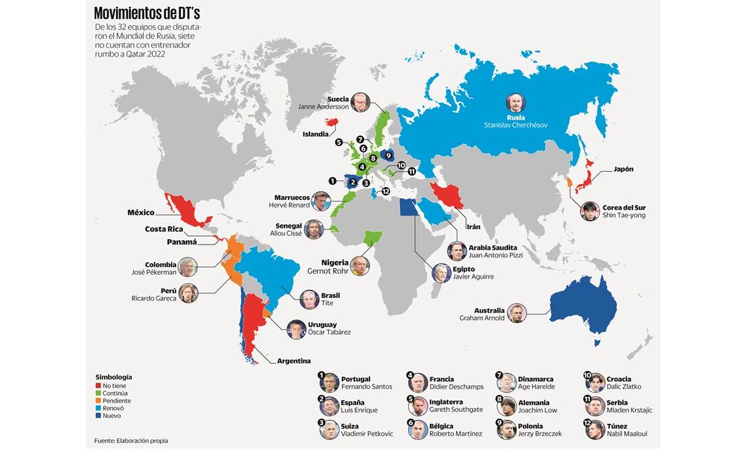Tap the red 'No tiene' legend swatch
point(97,385)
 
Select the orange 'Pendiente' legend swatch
point(97,401)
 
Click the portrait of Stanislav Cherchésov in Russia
point(516,103)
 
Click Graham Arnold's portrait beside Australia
point(517,313)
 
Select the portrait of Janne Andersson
point(360,102)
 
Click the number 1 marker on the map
point(332,180)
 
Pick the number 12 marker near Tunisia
point(386,191)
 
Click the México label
point(141,213)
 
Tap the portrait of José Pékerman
point(188,267)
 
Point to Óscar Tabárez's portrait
point(296,328)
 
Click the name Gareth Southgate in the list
point(456,409)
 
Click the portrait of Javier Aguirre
point(442,273)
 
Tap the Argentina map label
point(294,361)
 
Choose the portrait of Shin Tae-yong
point(590,211)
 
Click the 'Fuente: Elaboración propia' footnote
point(131,441)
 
